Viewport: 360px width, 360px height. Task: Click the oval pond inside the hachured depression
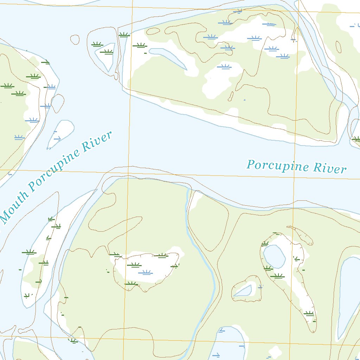274,256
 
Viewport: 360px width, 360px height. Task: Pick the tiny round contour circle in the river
75,39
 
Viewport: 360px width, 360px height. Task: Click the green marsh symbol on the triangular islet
107,52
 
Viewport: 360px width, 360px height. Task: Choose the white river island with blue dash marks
60,134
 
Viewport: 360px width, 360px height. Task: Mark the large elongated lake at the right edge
348,295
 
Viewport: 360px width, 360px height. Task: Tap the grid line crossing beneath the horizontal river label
246,176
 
